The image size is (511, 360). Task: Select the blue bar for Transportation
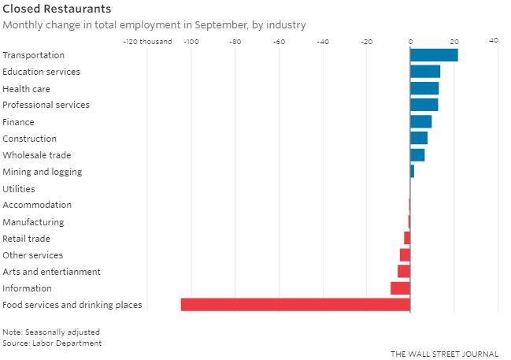434,55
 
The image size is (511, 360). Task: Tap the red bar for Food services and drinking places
295,305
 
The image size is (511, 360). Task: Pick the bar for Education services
425,72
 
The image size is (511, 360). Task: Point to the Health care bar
424,88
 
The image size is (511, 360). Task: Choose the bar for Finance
421,121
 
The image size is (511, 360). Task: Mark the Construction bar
419,138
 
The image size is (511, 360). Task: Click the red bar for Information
401,288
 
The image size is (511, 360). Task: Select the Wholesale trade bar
417,155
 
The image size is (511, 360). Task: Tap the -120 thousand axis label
147,41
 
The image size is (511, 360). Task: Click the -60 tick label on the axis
278,41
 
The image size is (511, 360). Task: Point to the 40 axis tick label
494,41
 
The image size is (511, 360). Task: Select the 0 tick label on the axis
410,41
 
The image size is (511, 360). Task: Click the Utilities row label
19,188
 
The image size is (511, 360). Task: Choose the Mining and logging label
43,172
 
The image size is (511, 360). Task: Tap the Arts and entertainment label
52,272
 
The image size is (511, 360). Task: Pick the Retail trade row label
27,239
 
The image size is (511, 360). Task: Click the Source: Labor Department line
52,343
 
